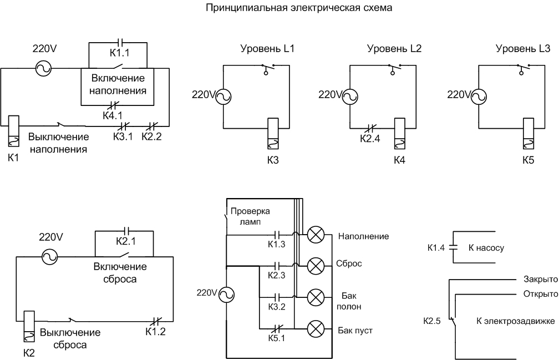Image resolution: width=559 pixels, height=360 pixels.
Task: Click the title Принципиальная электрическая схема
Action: pyautogui.click(x=299, y=8)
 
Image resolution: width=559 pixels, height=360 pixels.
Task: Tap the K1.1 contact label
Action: pyautogui.click(x=119, y=54)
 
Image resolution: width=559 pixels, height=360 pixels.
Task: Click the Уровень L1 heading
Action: pyautogui.click(x=267, y=49)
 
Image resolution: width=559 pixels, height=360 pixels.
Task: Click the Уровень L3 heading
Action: pyautogui.click(x=522, y=49)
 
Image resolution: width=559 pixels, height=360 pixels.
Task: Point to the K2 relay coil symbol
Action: pyautogui.click(x=29, y=327)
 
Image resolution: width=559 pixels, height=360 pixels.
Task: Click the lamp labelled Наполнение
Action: pyautogui.click(x=316, y=235)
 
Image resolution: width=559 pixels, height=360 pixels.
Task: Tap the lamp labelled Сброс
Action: pyautogui.click(x=316, y=266)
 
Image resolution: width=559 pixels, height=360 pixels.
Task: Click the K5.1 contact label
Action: pyautogui.click(x=276, y=338)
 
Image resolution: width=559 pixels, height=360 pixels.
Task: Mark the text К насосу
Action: pyautogui.click(x=486, y=248)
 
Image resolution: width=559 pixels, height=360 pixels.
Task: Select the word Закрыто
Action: pyautogui.click(x=540, y=280)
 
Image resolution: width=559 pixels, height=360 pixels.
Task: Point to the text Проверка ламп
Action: pyautogui.click(x=250, y=216)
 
